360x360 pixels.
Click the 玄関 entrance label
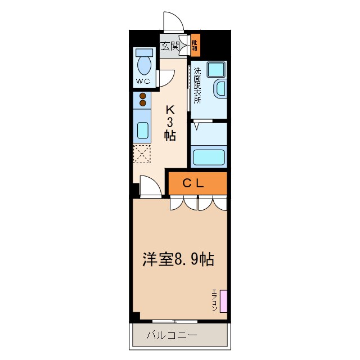click(x=170, y=46)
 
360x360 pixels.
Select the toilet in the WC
click(x=144, y=63)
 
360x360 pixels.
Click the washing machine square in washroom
click(x=214, y=70)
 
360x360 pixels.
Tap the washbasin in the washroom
click(x=220, y=89)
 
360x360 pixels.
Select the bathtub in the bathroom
click(x=209, y=156)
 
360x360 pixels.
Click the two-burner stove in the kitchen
click(x=143, y=99)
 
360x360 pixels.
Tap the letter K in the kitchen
click(x=169, y=110)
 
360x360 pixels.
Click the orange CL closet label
click(x=196, y=183)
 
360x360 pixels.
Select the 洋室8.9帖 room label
click(x=177, y=260)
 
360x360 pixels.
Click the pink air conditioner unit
click(x=223, y=301)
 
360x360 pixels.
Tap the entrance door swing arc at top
click(x=173, y=21)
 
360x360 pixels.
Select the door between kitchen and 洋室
click(x=150, y=187)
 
